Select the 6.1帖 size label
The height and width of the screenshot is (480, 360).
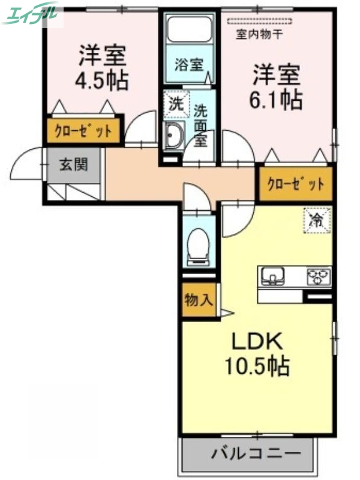click(x=275, y=99)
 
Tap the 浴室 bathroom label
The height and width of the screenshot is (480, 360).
click(x=188, y=65)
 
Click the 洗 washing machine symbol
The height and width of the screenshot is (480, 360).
click(x=175, y=102)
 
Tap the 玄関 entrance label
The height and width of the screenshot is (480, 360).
click(x=73, y=164)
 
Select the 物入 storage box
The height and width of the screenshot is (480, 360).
click(x=197, y=300)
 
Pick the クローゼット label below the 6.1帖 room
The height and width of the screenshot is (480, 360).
click(x=295, y=184)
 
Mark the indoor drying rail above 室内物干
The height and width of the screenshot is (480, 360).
click(x=260, y=23)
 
